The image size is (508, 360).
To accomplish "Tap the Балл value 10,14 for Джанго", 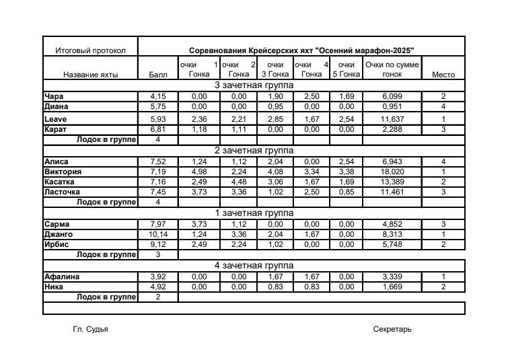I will point(158,233).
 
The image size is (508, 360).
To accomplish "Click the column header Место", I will point(443,75).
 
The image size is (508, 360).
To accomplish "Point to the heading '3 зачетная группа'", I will point(254,85).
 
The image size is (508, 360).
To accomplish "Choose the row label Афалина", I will point(62,277).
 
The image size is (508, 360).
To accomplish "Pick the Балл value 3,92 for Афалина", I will point(158,277).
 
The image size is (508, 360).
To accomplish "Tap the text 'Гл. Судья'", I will point(90,329).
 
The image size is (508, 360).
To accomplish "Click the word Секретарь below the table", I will point(392,329).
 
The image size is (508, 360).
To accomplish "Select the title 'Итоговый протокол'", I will point(90,50).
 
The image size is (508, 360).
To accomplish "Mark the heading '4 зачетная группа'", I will point(254,265).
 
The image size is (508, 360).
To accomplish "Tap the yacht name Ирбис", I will point(57,244).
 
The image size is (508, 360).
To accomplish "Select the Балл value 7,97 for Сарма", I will point(158,223).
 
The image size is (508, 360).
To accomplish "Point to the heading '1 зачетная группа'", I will point(254,213).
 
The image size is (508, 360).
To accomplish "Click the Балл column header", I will point(157,75).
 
